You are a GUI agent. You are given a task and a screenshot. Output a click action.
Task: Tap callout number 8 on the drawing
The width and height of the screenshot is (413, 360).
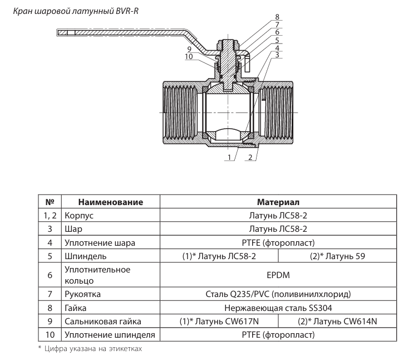[x=278, y=18]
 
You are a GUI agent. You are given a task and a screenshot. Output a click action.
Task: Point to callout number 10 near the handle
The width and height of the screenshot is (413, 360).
[x=189, y=56]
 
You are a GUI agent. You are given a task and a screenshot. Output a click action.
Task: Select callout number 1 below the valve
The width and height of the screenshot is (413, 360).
[x=229, y=158]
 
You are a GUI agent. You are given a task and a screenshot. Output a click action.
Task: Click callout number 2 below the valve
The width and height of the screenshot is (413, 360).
[x=251, y=158]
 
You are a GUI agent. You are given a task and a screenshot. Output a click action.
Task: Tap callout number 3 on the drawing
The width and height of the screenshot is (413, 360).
[x=278, y=55]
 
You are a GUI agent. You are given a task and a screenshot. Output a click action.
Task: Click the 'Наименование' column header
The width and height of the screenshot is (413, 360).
[x=111, y=202]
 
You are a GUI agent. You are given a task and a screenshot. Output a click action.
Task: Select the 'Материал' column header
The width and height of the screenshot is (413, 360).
[x=278, y=202]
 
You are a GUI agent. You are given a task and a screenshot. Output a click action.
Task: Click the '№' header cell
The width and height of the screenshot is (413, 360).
[x=49, y=202]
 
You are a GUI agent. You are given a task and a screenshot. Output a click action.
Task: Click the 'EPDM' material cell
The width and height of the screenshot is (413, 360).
[x=278, y=275]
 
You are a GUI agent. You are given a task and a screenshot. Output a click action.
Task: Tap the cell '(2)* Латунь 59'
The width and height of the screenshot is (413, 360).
[x=337, y=256]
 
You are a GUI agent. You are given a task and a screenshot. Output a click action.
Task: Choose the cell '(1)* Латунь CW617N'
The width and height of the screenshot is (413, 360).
[x=219, y=321]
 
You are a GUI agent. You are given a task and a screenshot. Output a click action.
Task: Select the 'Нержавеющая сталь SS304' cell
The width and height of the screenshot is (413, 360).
[x=278, y=307]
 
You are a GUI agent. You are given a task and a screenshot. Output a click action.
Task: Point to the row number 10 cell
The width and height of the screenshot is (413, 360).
[x=49, y=335]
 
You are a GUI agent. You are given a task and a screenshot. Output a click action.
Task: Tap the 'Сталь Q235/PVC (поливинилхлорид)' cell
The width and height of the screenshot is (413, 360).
[x=278, y=294]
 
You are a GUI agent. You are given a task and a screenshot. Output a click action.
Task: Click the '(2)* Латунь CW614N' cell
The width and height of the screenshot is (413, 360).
[x=337, y=321]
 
